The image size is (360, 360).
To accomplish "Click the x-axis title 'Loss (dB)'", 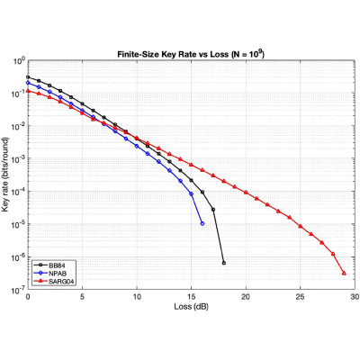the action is (191, 307).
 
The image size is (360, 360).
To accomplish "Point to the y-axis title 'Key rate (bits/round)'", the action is (5, 175).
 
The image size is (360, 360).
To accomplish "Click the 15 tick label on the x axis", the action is (192, 297).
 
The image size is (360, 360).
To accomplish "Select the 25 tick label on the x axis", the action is (301, 297).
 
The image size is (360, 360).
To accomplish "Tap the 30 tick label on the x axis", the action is (355, 297).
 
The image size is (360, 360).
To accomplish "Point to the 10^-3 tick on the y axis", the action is (19, 158).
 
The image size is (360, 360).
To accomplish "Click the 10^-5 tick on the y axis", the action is (19, 224).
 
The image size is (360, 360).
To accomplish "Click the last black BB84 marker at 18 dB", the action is (224, 263).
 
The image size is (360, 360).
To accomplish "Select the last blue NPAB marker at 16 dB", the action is (202, 223).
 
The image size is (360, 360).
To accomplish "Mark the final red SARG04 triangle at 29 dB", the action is (344, 273).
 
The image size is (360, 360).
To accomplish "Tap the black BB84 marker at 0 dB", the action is (28, 77).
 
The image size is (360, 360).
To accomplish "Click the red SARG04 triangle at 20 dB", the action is (246, 192).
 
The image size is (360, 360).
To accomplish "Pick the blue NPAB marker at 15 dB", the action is (192, 193).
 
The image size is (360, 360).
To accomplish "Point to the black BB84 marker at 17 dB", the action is (213, 210).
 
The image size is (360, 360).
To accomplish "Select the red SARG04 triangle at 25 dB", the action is (301, 226).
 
